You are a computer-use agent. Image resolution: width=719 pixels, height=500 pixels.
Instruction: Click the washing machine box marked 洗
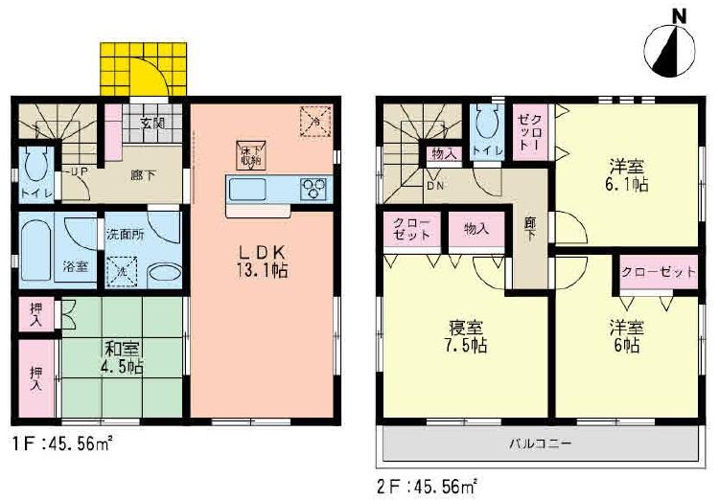point(122,272)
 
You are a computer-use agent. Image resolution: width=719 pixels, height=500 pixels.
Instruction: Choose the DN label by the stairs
point(433,187)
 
